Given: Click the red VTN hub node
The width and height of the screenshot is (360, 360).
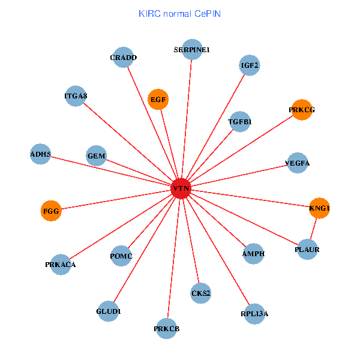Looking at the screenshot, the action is tap(181, 188).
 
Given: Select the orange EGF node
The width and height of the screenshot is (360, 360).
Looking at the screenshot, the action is tap(158, 100).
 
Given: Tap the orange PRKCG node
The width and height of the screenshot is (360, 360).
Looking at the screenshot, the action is tap(301, 110).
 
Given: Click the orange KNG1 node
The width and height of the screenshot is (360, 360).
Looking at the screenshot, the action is tap(319, 208).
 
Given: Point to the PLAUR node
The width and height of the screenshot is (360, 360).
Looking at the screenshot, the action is tap(307, 249).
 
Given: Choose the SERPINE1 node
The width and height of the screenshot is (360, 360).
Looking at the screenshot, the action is tap(191, 49).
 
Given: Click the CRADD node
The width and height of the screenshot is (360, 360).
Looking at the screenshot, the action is tap(123, 58).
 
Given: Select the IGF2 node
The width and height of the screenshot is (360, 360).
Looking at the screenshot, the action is tap(250, 65).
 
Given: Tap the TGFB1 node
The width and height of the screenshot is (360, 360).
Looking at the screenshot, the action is tap(239, 122).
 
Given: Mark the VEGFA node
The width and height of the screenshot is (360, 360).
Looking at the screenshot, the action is tap(298, 163).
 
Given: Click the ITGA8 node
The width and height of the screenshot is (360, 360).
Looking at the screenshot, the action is tap(76, 96).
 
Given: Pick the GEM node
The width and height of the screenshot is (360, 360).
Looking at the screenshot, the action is tap(96, 157).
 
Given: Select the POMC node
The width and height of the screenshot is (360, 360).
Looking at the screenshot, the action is tap(121, 256).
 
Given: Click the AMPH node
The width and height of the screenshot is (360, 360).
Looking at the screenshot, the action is tap(253, 254).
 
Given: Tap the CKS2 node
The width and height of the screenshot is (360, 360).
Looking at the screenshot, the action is tap(200, 293).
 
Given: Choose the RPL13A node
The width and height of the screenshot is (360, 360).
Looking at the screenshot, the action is tap(254, 313).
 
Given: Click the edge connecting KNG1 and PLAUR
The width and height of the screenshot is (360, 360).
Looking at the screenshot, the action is tap(313, 229).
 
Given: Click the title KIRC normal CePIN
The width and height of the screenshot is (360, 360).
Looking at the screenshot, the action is tap(179, 13).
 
